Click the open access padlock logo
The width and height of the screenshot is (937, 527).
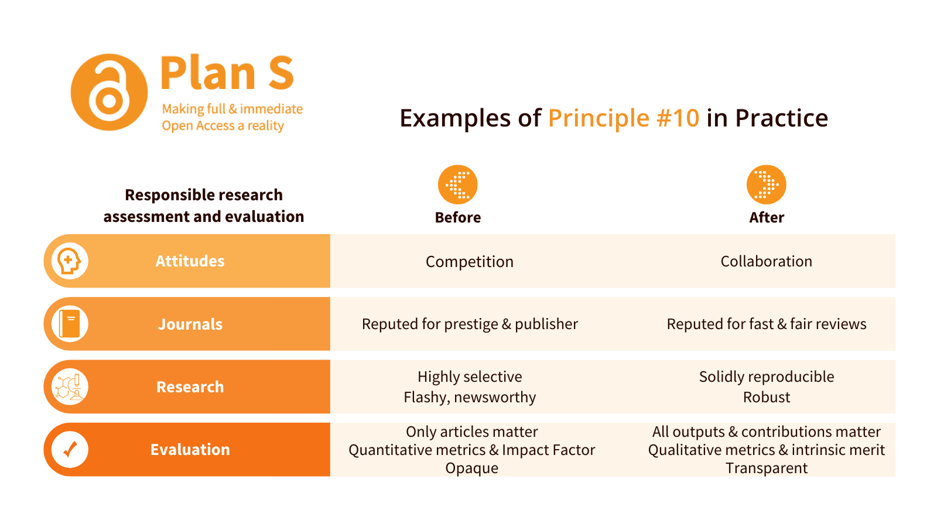tap(109, 92)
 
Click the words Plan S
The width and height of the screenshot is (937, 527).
tap(228, 73)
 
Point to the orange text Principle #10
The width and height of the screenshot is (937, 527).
tap(623, 118)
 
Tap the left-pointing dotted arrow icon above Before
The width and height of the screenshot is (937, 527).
tap(457, 184)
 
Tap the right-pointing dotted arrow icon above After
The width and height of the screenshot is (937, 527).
tap(767, 184)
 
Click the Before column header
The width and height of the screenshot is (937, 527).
tap(457, 217)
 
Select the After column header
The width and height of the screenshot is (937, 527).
tap(767, 217)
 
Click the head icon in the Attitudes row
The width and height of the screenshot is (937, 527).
tap(70, 261)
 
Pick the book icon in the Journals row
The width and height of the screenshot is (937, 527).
tap(70, 324)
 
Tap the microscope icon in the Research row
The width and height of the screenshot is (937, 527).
tap(70, 387)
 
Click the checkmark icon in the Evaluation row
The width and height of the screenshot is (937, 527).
tap(70, 450)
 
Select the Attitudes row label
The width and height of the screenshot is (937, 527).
tap(190, 261)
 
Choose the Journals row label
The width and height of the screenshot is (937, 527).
tap(190, 324)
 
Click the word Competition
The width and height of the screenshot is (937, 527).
tap(469, 262)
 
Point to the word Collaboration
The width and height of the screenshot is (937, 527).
tap(767, 261)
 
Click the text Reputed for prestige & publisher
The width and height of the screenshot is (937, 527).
tap(470, 324)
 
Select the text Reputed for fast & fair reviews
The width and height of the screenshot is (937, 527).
tap(767, 324)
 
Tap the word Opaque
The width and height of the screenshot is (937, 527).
tap(471, 468)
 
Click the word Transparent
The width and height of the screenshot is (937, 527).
tap(767, 468)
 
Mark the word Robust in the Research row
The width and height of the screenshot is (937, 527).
tap(767, 397)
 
